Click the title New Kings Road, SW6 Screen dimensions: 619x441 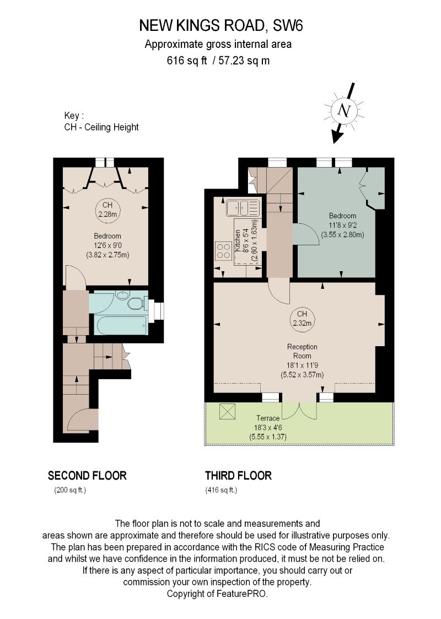[220, 25]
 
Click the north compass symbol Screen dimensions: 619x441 [346, 111]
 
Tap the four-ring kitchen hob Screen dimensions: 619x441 [223, 251]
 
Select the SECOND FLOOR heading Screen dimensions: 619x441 [87, 475]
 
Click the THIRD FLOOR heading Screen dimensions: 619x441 [238, 475]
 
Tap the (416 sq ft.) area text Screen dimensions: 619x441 [221, 490]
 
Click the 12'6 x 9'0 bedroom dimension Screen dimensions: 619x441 [107, 245]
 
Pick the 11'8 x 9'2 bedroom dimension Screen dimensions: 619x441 [342, 225]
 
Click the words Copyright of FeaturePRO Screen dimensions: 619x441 [217, 594]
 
